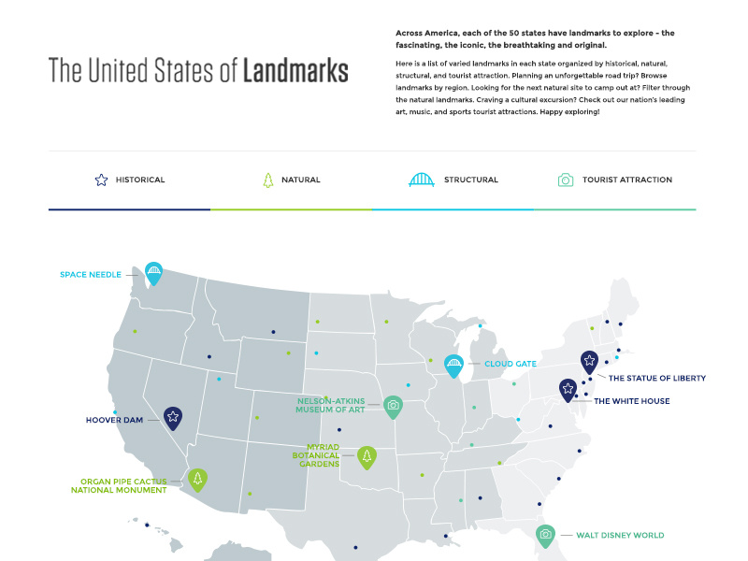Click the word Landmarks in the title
295,71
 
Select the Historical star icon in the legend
101,180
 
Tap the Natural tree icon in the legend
267,180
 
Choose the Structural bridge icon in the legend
422,180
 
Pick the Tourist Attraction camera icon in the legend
565,180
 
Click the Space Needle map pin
153,273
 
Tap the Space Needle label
91,275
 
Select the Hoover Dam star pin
173,417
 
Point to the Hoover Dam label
114,420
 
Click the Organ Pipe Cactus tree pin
197,479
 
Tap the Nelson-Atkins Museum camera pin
393,406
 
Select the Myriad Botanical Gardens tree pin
367,456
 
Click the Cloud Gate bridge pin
454,365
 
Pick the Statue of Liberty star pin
589,361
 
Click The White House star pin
568,389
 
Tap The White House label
632,401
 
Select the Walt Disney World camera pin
545,535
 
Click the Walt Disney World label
620,536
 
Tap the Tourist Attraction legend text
626,180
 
